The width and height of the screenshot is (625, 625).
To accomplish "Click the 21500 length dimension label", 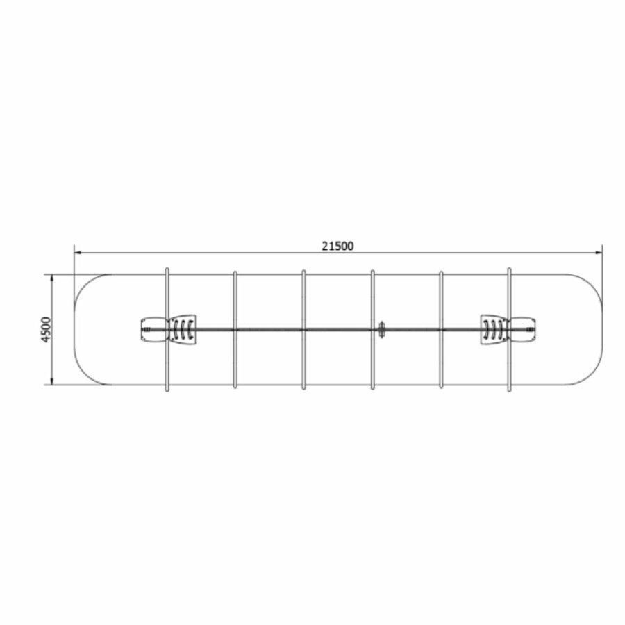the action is click(337, 247).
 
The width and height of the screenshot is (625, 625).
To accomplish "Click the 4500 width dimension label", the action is click(47, 329).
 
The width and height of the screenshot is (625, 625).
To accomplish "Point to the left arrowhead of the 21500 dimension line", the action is click(78, 252).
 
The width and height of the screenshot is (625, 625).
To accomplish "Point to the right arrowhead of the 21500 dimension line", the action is click(599, 252).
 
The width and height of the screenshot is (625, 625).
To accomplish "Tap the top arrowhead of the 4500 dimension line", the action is click(52, 278).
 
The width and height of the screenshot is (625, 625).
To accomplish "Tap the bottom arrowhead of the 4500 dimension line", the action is click(52, 381).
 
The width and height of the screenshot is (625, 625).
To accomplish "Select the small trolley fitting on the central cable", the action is click(382, 330).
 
